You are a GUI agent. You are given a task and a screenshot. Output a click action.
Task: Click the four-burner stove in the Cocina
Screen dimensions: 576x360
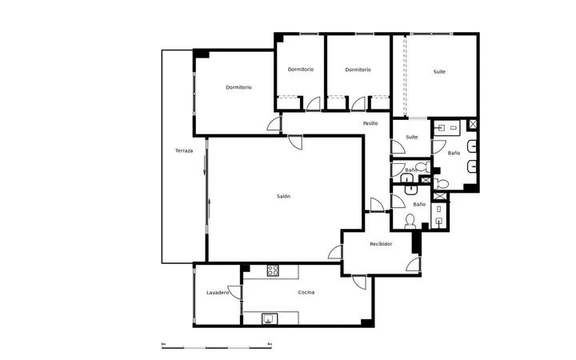click(x=273, y=270)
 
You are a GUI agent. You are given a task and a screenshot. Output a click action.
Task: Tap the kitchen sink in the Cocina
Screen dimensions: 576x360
click(x=270, y=319)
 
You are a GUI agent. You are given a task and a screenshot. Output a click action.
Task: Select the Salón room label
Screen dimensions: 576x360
click(x=283, y=197)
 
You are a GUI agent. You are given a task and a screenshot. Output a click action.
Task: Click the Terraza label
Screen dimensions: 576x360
click(x=184, y=150)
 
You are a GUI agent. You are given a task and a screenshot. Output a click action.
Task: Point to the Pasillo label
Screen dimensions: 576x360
click(x=370, y=123)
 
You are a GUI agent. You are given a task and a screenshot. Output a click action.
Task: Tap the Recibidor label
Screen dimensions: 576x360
click(x=381, y=244)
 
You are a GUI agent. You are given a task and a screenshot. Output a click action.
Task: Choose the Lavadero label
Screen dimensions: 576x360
click(x=218, y=293)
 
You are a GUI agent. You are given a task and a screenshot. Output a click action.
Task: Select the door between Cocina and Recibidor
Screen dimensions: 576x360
click(x=359, y=282)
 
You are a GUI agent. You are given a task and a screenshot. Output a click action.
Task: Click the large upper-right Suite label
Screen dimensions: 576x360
click(x=439, y=72)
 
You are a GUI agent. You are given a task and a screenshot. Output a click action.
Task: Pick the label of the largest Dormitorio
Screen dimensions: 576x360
click(x=238, y=87)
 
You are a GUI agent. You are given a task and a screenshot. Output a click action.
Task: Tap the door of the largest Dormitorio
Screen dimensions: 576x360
click(x=274, y=124)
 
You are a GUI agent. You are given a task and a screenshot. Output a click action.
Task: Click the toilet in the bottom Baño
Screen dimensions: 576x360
click(x=410, y=222)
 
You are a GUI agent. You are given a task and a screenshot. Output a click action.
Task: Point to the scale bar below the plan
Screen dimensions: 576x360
click(x=216, y=347)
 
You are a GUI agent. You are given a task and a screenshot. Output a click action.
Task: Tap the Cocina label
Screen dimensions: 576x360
click(x=306, y=293)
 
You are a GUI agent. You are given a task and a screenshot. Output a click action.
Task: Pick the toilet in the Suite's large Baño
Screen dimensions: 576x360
click(x=441, y=183)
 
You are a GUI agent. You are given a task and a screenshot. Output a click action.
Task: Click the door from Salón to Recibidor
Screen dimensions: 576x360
click(x=335, y=252)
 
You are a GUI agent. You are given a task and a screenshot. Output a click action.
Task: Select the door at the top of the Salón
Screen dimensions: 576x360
click(x=295, y=142)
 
